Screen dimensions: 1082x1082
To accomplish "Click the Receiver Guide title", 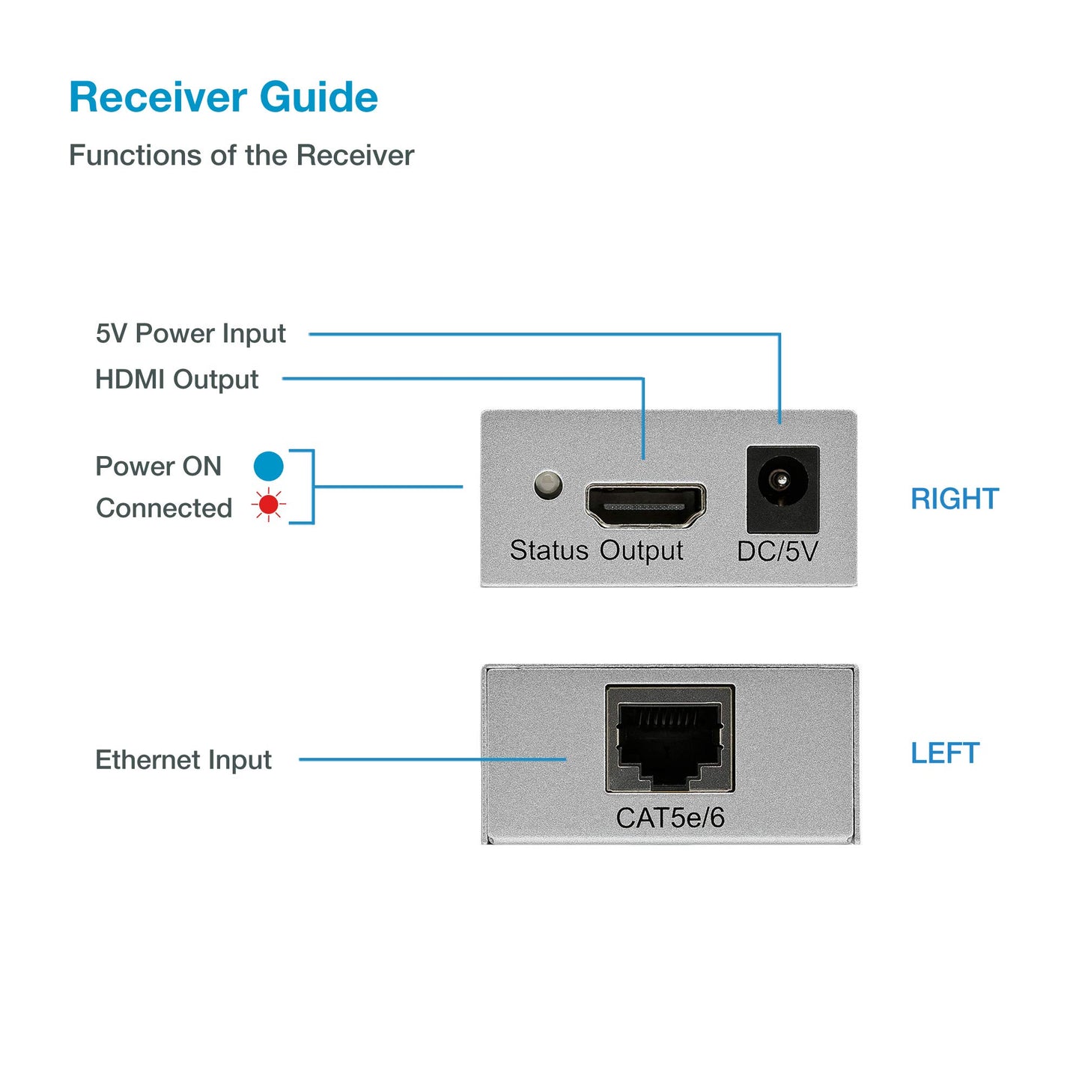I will point(223,97).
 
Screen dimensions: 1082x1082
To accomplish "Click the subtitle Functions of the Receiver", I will point(241,155).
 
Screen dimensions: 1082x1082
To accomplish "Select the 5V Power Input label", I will point(190,333).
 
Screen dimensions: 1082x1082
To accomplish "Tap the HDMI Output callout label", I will point(177,379).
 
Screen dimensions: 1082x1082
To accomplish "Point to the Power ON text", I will point(158,466).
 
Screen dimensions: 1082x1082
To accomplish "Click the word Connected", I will point(164,508).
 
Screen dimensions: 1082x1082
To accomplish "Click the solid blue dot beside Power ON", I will point(268,466).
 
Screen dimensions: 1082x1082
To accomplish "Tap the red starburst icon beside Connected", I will point(268,505).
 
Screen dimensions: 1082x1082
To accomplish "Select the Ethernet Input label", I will point(183,759).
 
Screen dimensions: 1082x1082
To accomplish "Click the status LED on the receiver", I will point(548,484).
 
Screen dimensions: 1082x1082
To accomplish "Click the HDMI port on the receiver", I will point(645,505).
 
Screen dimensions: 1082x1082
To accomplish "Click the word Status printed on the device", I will point(549,550).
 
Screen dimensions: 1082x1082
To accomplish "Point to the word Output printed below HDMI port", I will point(641,550).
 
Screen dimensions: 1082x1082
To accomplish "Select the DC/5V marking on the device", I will point(776,551).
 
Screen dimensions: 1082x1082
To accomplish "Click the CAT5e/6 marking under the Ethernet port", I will point(669,818).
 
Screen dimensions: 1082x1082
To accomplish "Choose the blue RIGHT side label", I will point(954,499).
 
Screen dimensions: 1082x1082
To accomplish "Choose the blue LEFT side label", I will point(944,753).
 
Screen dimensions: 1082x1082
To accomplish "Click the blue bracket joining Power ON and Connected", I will point(311,487).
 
